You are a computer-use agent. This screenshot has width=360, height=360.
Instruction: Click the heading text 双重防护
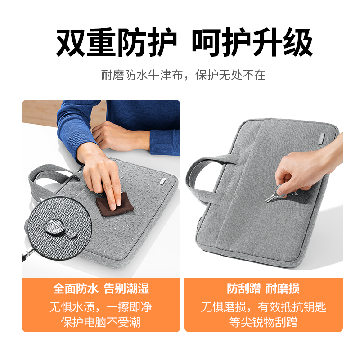pos(117,42)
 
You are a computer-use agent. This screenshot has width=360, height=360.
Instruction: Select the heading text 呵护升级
pos(252,42)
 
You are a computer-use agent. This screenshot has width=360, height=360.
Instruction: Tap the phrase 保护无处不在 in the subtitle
pos(230,75)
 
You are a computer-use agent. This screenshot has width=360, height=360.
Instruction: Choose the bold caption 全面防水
pos(76,288)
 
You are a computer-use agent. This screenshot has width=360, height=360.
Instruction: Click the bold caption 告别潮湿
pos(126,288)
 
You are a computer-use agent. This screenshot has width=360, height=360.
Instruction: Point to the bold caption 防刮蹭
pos(244,288)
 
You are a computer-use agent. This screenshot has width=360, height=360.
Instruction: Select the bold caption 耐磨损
pos(283,288)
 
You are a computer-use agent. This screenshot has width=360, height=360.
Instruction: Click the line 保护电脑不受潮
pos(100,322)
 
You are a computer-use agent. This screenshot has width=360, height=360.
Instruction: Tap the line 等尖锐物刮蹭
pos(263,322)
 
